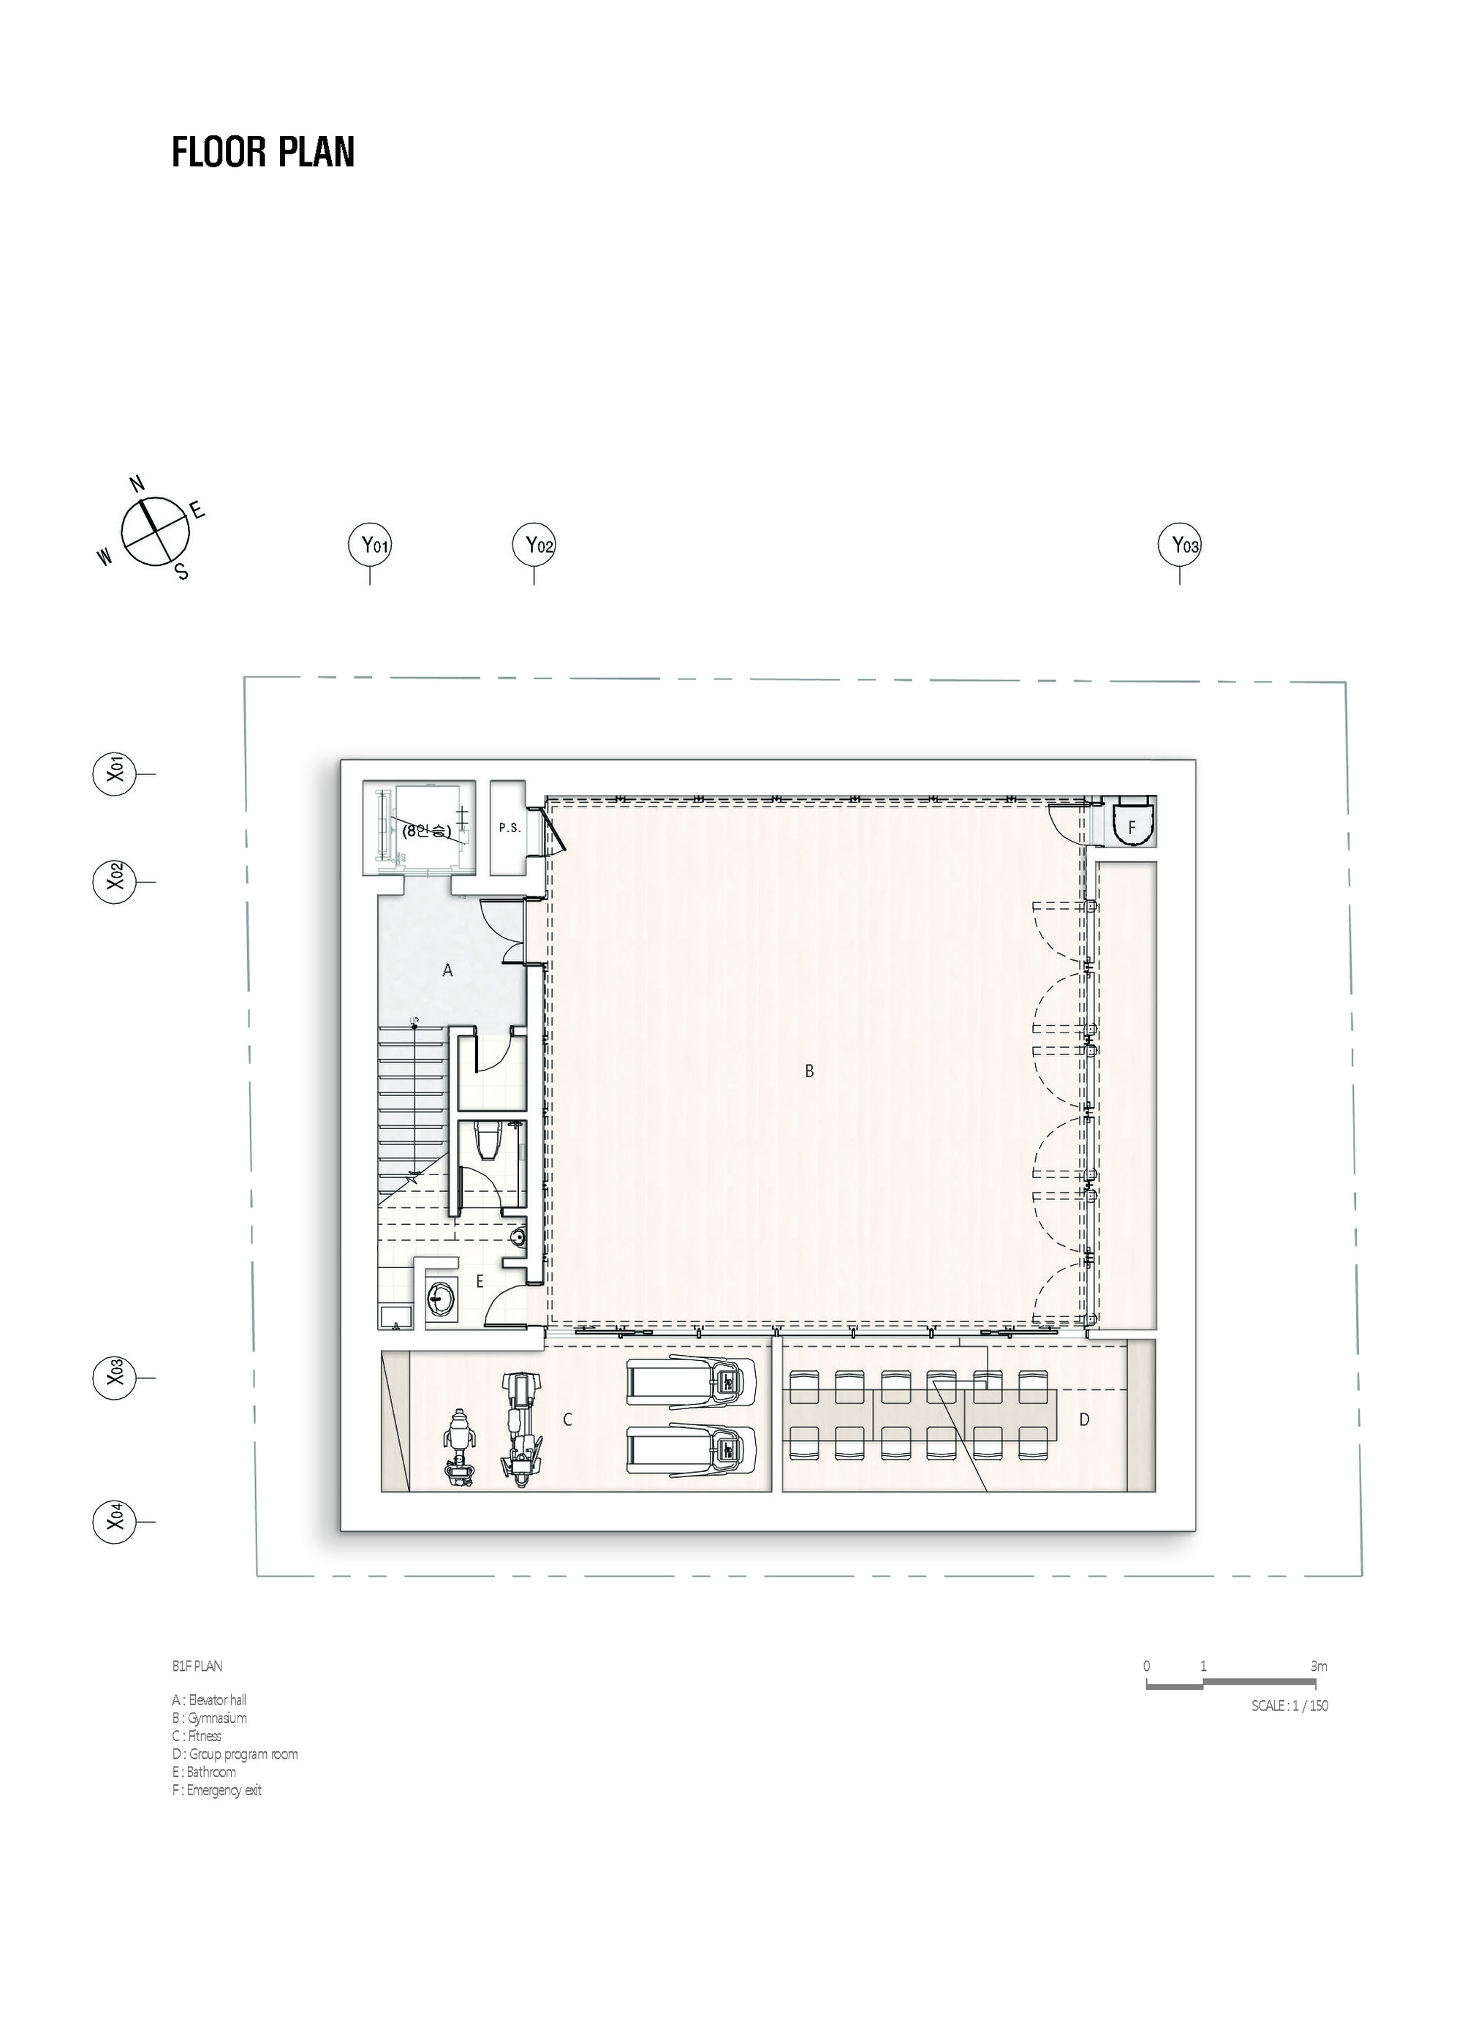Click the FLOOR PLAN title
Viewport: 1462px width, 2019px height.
coord(263,152)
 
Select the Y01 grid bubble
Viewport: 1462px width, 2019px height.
coord(369,545)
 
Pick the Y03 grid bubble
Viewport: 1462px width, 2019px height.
coord(1179,545)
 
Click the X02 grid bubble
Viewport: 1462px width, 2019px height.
coord(114,881)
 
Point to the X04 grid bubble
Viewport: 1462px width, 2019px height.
coord(114,1547)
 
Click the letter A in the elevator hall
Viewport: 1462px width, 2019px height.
coord(447,970)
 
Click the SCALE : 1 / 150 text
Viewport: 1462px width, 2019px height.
coord(1289,1705)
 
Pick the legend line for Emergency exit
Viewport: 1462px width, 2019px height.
coord(217,1789)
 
